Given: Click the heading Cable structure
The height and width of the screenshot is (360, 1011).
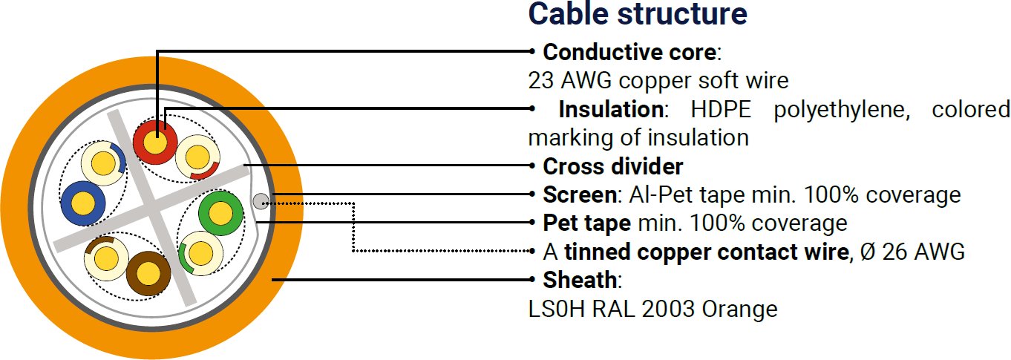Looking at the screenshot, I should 637,13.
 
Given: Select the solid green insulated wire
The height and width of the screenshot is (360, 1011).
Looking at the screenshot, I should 220,214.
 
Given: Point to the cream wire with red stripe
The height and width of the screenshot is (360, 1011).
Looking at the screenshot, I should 197,157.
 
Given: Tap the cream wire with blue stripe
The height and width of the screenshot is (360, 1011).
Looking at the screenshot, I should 102,163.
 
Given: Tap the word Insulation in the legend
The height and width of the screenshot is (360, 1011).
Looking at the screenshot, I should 611,109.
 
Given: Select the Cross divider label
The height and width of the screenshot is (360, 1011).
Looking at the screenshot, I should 613,166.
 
